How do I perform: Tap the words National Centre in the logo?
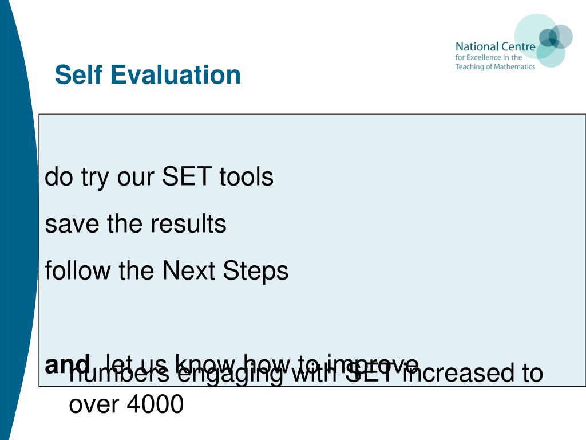495,46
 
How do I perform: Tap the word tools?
246,177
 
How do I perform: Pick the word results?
189,224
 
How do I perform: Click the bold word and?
68,364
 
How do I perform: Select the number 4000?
155,404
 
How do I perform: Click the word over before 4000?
93,404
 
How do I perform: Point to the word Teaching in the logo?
469,66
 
